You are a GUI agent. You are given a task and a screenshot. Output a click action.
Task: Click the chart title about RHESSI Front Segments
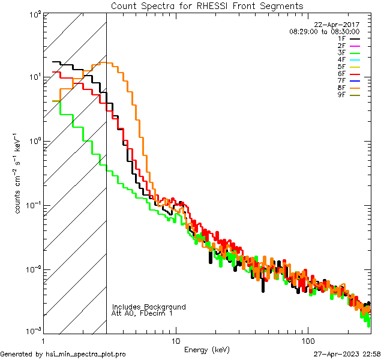click(207, 5)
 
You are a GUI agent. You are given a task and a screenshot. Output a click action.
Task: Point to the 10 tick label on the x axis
click(175, 340)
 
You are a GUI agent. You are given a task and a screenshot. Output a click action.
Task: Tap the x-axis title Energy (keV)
click(206, 349)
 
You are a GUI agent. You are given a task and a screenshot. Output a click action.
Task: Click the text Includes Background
click(149, 307)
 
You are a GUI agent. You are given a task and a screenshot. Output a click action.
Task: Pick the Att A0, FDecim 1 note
click(142, 313)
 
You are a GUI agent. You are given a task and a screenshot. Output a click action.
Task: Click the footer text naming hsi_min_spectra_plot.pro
click(63, 354)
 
